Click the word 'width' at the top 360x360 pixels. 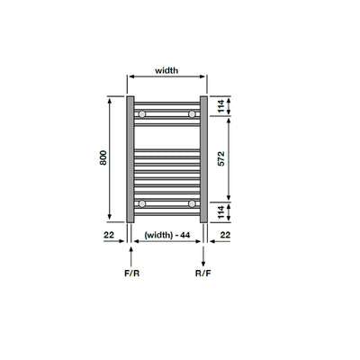pos(166,69)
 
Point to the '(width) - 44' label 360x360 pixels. pos(166,235)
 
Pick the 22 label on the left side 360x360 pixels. pos(109,235)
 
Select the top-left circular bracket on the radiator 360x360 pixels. pos(142,115)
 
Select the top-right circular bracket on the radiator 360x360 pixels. pos(192,115)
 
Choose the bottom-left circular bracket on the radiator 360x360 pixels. pos(142,204)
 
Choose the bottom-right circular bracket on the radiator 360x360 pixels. pos(192,204)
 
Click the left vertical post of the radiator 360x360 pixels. pos(131,157)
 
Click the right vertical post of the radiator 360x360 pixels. pos(203,157)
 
